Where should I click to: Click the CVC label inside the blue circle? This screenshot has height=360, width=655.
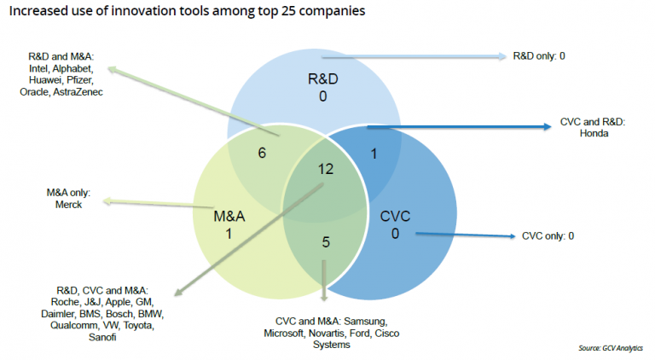(x=394, y=217)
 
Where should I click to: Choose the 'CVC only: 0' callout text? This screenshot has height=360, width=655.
(x=548, y=235)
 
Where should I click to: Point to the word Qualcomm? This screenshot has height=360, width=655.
(x=74, y=325)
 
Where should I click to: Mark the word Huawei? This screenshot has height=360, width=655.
(x=47, y=80)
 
